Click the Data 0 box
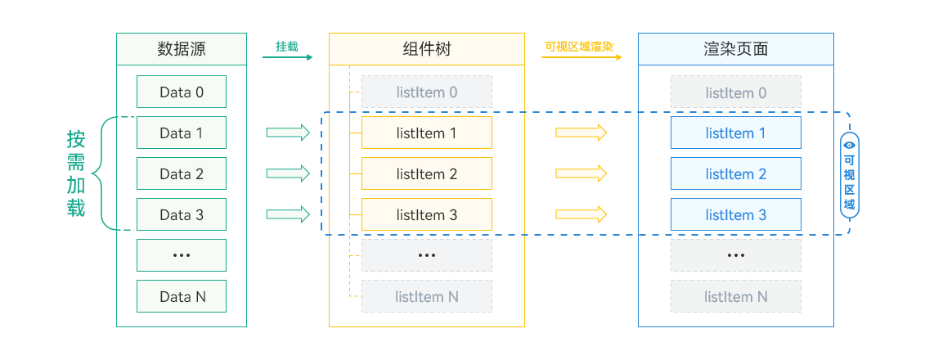182,92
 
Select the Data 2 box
182,173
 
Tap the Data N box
182,296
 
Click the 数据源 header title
182,49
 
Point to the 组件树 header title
427,49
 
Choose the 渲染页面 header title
736,49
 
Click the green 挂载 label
286,47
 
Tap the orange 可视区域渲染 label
579,47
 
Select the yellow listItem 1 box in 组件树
427,133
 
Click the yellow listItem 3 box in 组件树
427,214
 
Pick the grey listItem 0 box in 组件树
427,92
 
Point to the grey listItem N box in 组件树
427,296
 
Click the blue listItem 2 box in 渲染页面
736,173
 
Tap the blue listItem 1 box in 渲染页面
736,133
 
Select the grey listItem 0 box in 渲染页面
736,92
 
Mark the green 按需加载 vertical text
76,173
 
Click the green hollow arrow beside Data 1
288,133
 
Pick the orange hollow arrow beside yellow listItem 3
581,214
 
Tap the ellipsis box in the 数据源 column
182,255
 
